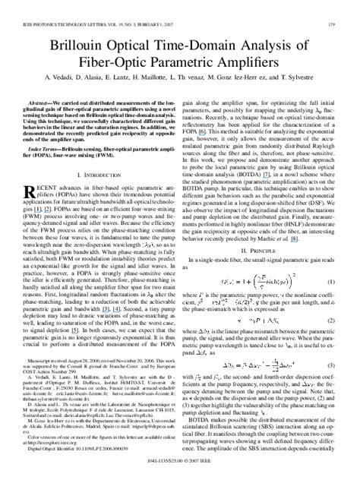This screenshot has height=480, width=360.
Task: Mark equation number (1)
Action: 333,283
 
